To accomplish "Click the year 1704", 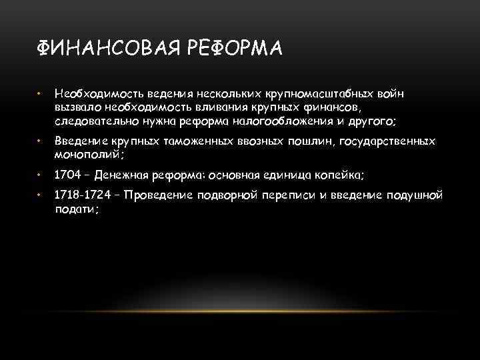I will pyautogui.click(x=67, y=175).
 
